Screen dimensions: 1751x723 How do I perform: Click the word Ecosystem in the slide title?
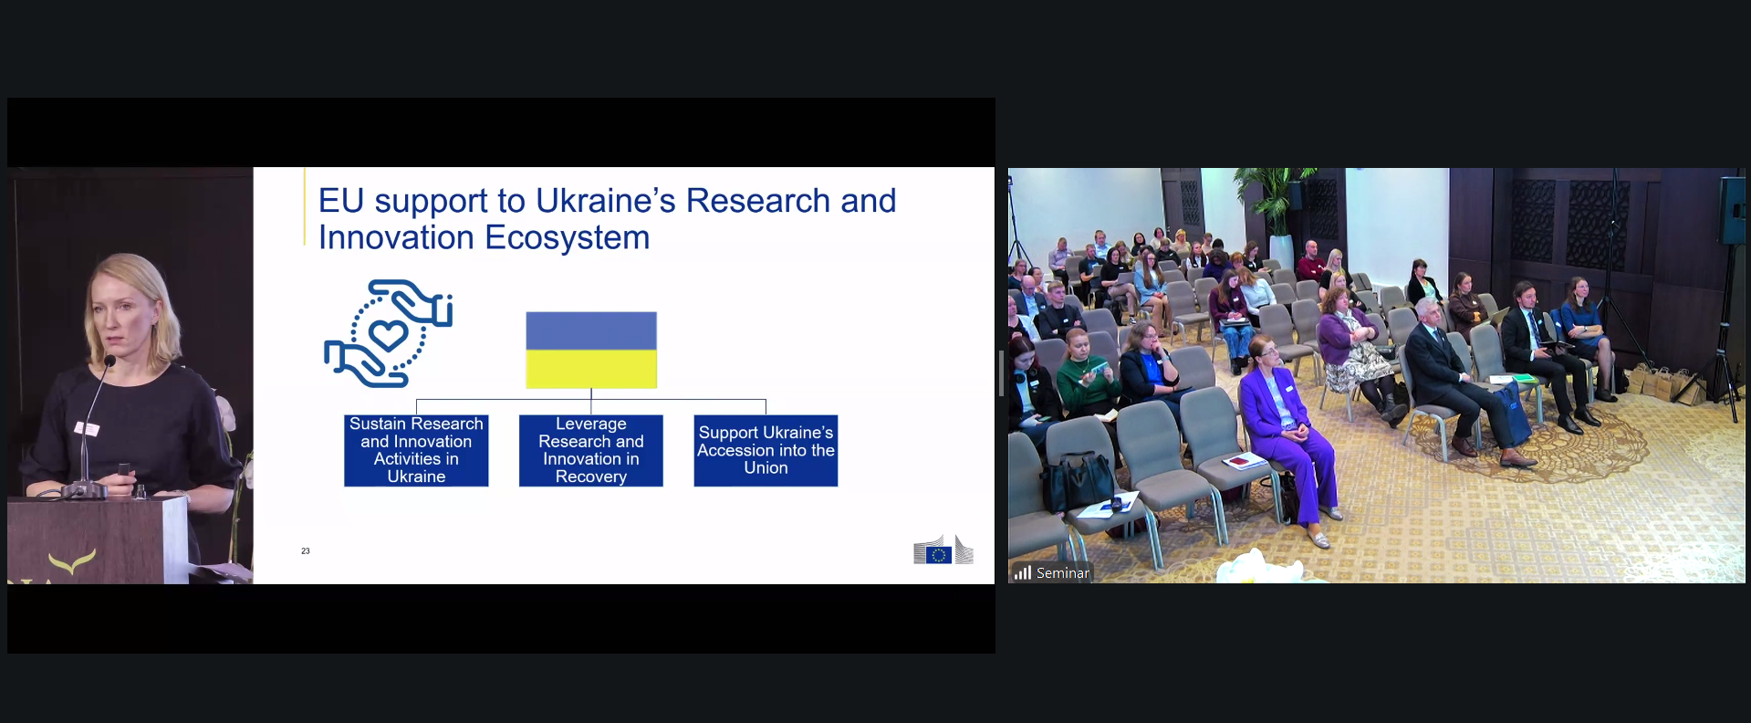tap(567, 238)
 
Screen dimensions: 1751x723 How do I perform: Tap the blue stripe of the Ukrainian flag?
tap(591, 330)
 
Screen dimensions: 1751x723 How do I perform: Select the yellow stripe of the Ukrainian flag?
tap(591, 369)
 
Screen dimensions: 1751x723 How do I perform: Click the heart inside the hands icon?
tap(389, 335)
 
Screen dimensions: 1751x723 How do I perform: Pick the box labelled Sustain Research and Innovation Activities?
tap(416, 450)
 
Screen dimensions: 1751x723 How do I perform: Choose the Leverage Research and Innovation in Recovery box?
tap(591, 450)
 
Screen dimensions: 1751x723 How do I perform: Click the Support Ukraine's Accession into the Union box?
tap(766, 450)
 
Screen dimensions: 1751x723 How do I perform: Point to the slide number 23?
tap(306, 551)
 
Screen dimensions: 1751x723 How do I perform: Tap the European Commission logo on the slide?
tap(943, 550)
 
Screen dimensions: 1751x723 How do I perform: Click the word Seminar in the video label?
tap(1063, 573)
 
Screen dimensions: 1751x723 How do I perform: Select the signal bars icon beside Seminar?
tap(1023, 572)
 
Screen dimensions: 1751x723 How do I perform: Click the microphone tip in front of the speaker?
tap(109, 361)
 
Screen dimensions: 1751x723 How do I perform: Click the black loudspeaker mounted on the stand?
tap(1732, 211)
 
